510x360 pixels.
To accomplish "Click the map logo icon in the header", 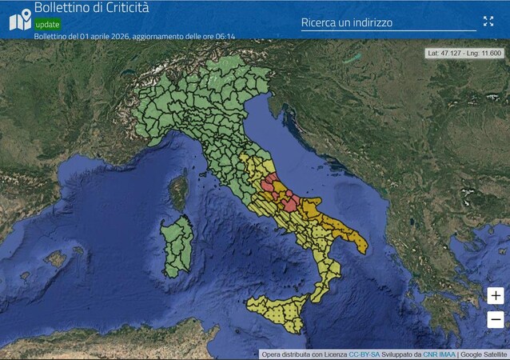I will click(19, 19).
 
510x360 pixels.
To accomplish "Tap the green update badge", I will click(47, 24).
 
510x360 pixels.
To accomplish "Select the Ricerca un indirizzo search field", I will click(388, 23).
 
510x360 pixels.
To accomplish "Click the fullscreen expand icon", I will click(488, 22).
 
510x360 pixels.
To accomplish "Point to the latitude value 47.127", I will click(452, 53).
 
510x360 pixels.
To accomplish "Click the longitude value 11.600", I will click(489, 53).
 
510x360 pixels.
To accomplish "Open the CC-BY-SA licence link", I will click(365, 354).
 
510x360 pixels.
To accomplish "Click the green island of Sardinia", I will click(177, 245).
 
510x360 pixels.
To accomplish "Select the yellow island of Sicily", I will click(277, 310).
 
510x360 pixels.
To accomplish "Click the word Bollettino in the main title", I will click(64, 8).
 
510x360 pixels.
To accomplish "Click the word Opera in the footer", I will click(273, 354).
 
